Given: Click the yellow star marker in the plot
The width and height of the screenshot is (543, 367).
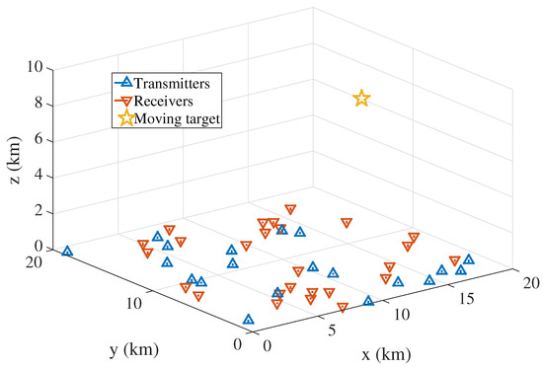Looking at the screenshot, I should [x=361, y=98].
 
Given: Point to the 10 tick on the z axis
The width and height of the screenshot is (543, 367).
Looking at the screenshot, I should [x=35, y=67].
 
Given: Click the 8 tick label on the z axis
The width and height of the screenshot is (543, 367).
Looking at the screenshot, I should [x=39, y=103].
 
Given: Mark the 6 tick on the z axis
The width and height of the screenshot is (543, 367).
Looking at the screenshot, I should [x=39, y=139].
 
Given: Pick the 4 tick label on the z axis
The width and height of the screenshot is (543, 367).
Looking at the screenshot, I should [x=39, y=175].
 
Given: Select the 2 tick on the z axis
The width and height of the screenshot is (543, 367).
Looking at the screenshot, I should [x=39, y=211].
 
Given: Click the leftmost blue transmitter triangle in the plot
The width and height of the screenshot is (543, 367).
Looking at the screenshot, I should [x=67, y=252].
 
